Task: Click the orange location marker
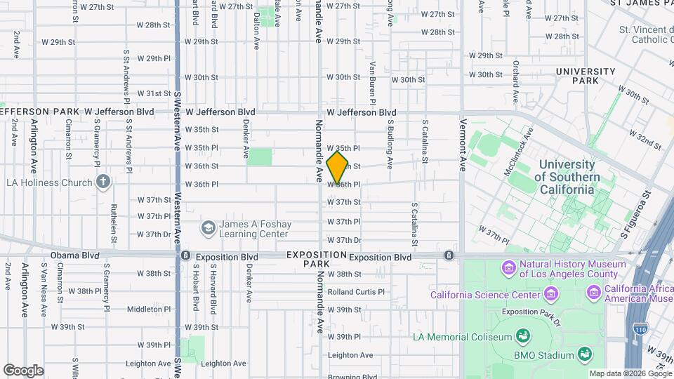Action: tap(338, 168)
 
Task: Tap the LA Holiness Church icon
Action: tap(103, 182)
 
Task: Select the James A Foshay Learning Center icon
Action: tap(208, 228)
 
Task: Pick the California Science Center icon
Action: tap(551, 294)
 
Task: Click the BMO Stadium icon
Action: tap(583, 354)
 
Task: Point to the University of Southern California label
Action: tap(566, 177)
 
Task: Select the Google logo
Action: tap(23, 370)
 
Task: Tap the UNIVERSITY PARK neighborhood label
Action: tap(585, 76)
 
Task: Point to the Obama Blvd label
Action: tap(74, 255)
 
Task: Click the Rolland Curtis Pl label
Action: tap(355, 292)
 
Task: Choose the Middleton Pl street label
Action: tap(145, 309)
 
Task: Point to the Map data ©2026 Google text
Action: tap(630, 373)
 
